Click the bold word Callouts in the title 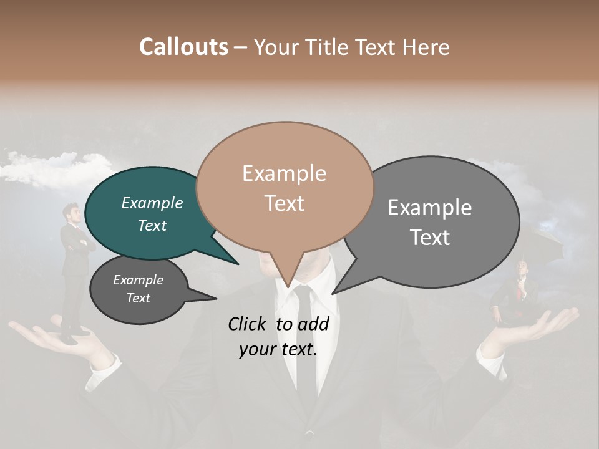point(183,47)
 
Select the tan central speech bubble point(285,187)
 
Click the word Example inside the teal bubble point(152,203)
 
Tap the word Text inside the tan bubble point(285,203)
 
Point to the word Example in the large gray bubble point(430,208)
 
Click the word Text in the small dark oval point(139,298)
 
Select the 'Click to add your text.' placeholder point(278,336)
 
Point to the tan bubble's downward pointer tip point(287,286)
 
